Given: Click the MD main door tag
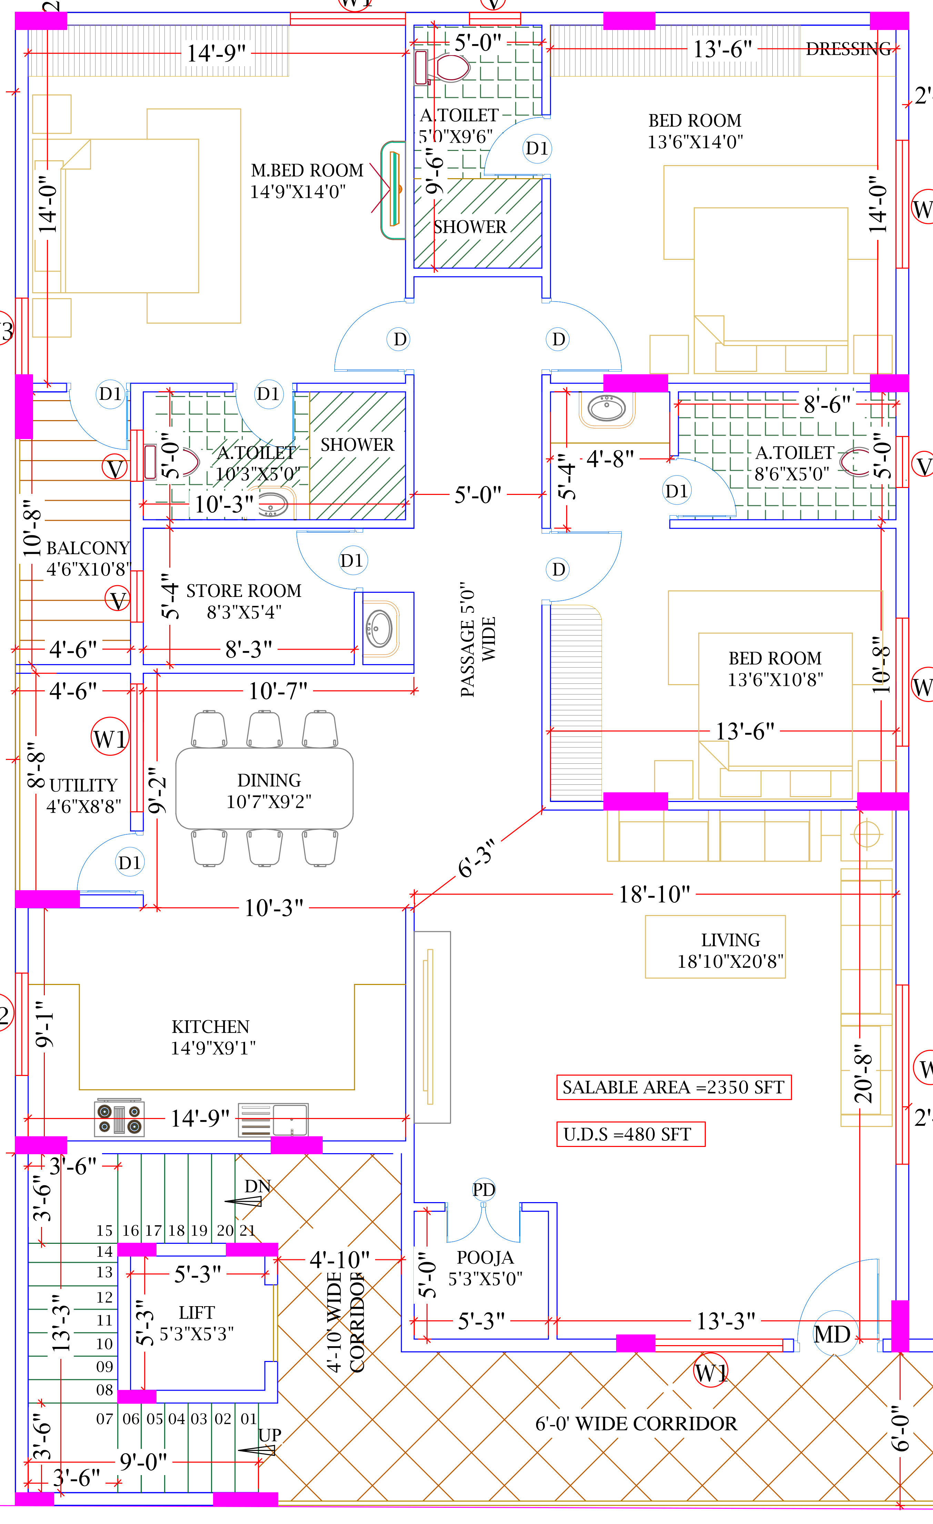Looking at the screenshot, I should [833, 1335].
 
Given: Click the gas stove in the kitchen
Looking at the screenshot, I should [119, 1118].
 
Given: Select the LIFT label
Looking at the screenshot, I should [197, 1312].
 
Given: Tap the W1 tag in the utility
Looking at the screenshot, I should [110, 739].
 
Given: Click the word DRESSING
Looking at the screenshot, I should [847, 49].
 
